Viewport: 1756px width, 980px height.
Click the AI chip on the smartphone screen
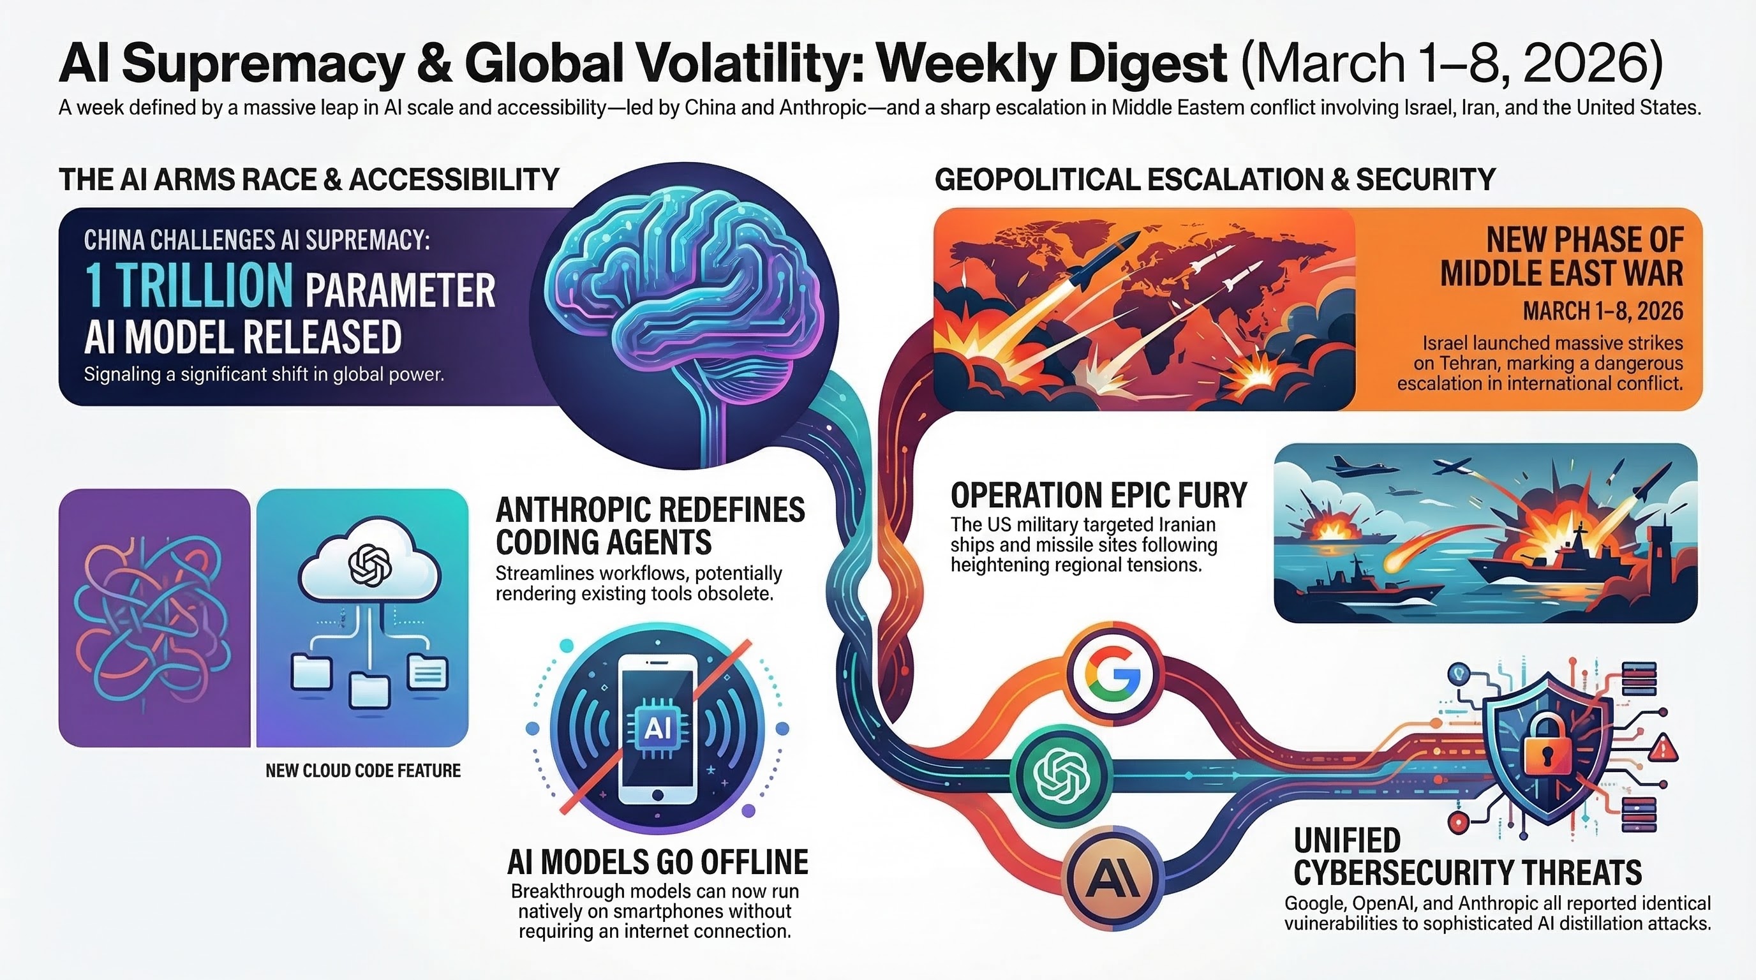click(x=657, y=729)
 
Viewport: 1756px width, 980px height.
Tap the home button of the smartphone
click(x=657, y=794)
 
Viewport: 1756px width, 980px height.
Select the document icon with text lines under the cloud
click(x=427, y=672)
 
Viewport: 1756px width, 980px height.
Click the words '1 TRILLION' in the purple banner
click(x=188, y=286)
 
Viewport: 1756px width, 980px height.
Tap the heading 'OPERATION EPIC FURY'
click(x=1098, y=496)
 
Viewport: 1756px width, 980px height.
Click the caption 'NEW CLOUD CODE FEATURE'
click(x=362, y=771)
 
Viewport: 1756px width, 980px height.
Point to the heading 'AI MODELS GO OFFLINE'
click(x=657, y=862)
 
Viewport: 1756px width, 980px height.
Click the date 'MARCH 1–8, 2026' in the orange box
click(x=1603, y=311)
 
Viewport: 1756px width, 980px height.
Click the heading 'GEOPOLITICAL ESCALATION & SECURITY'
click(x=1215, y=180)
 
